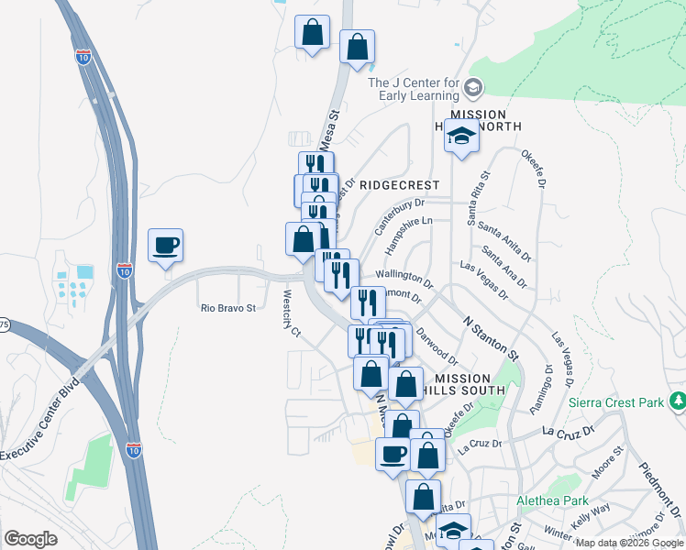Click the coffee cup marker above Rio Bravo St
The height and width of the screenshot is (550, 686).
(165, 246)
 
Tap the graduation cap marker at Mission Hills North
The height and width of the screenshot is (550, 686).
(461, 137)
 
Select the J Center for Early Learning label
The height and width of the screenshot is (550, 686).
(413, 89)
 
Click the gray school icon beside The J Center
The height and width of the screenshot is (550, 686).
(474, 88)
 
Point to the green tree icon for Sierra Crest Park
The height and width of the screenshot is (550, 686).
(678, 401)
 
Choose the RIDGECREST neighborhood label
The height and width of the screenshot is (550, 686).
(400, 185)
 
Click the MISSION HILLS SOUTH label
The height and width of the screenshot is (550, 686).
(470, 384)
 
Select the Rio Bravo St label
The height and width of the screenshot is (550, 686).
(227, 309)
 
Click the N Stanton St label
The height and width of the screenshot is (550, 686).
(492, 338)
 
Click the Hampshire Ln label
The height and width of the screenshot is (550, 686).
(408, 234)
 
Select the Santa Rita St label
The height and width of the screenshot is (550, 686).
(478, 198)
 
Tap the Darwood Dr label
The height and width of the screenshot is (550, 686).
(436, 346)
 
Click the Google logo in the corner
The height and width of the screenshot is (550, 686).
(30, 538)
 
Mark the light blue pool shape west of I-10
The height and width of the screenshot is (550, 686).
(85, 271)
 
